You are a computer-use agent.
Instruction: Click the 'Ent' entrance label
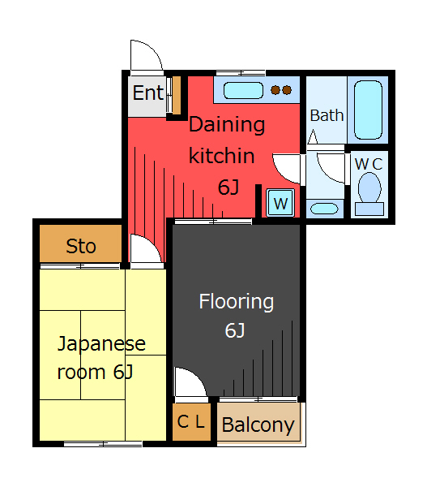click(148, 93)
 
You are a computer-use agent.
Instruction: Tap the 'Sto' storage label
click(81, 246)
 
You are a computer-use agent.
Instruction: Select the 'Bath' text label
click(327, 115)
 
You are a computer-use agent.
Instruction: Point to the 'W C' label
click(369, 164)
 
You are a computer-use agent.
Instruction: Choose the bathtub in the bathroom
click(368, 110)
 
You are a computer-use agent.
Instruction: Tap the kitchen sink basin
click(243, 90)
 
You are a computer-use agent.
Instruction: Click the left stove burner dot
click(275, 90)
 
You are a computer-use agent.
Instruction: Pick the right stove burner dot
click(287, 90)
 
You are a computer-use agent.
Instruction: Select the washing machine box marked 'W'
click(280, 203)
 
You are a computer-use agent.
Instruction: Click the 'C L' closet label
click(191, 421)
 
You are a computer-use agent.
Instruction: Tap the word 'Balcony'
click(258, 425)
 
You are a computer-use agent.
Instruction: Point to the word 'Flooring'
click(237, 302)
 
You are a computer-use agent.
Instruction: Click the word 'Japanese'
click(101, 344)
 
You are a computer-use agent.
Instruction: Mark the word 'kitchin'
click(222, 155)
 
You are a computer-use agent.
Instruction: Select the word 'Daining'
click(227, 125)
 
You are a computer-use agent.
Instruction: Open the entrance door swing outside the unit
click(147, 55)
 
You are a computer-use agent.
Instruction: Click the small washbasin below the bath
click(324, 209)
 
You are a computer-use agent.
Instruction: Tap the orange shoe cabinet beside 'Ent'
click(177, 95)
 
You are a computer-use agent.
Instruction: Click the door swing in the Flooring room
click(190, 381)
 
